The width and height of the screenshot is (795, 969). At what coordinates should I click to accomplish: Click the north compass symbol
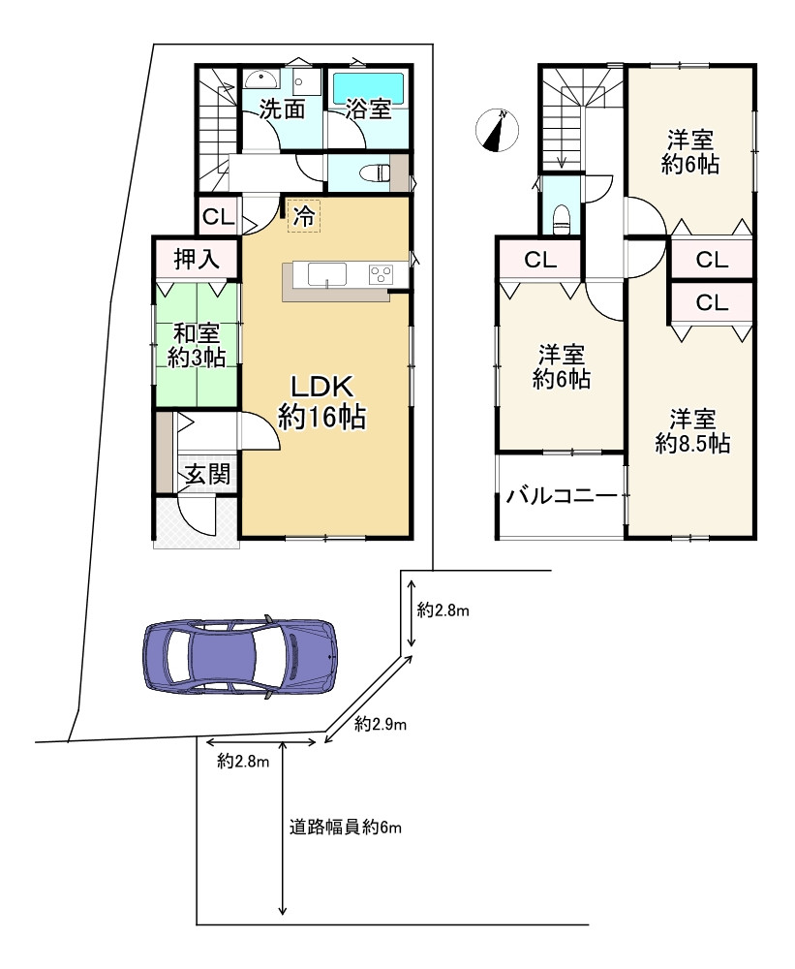[498, 131]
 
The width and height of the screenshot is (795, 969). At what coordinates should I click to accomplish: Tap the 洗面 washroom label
[281, 109]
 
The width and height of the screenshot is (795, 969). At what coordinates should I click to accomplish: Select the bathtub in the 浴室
[368, 88]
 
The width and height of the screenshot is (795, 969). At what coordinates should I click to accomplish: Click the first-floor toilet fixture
[374, 175]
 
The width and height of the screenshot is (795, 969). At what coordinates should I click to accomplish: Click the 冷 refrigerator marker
[303, 217]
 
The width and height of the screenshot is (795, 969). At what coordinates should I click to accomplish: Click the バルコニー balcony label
[561, 498]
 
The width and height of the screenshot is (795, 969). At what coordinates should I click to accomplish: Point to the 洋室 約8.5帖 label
[692, 431]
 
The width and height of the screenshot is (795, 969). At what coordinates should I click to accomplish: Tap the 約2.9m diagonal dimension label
[380, 724]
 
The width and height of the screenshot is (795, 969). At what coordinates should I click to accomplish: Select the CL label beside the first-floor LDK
[218, 216]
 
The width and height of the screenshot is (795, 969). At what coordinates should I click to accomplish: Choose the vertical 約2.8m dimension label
[443, 610]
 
